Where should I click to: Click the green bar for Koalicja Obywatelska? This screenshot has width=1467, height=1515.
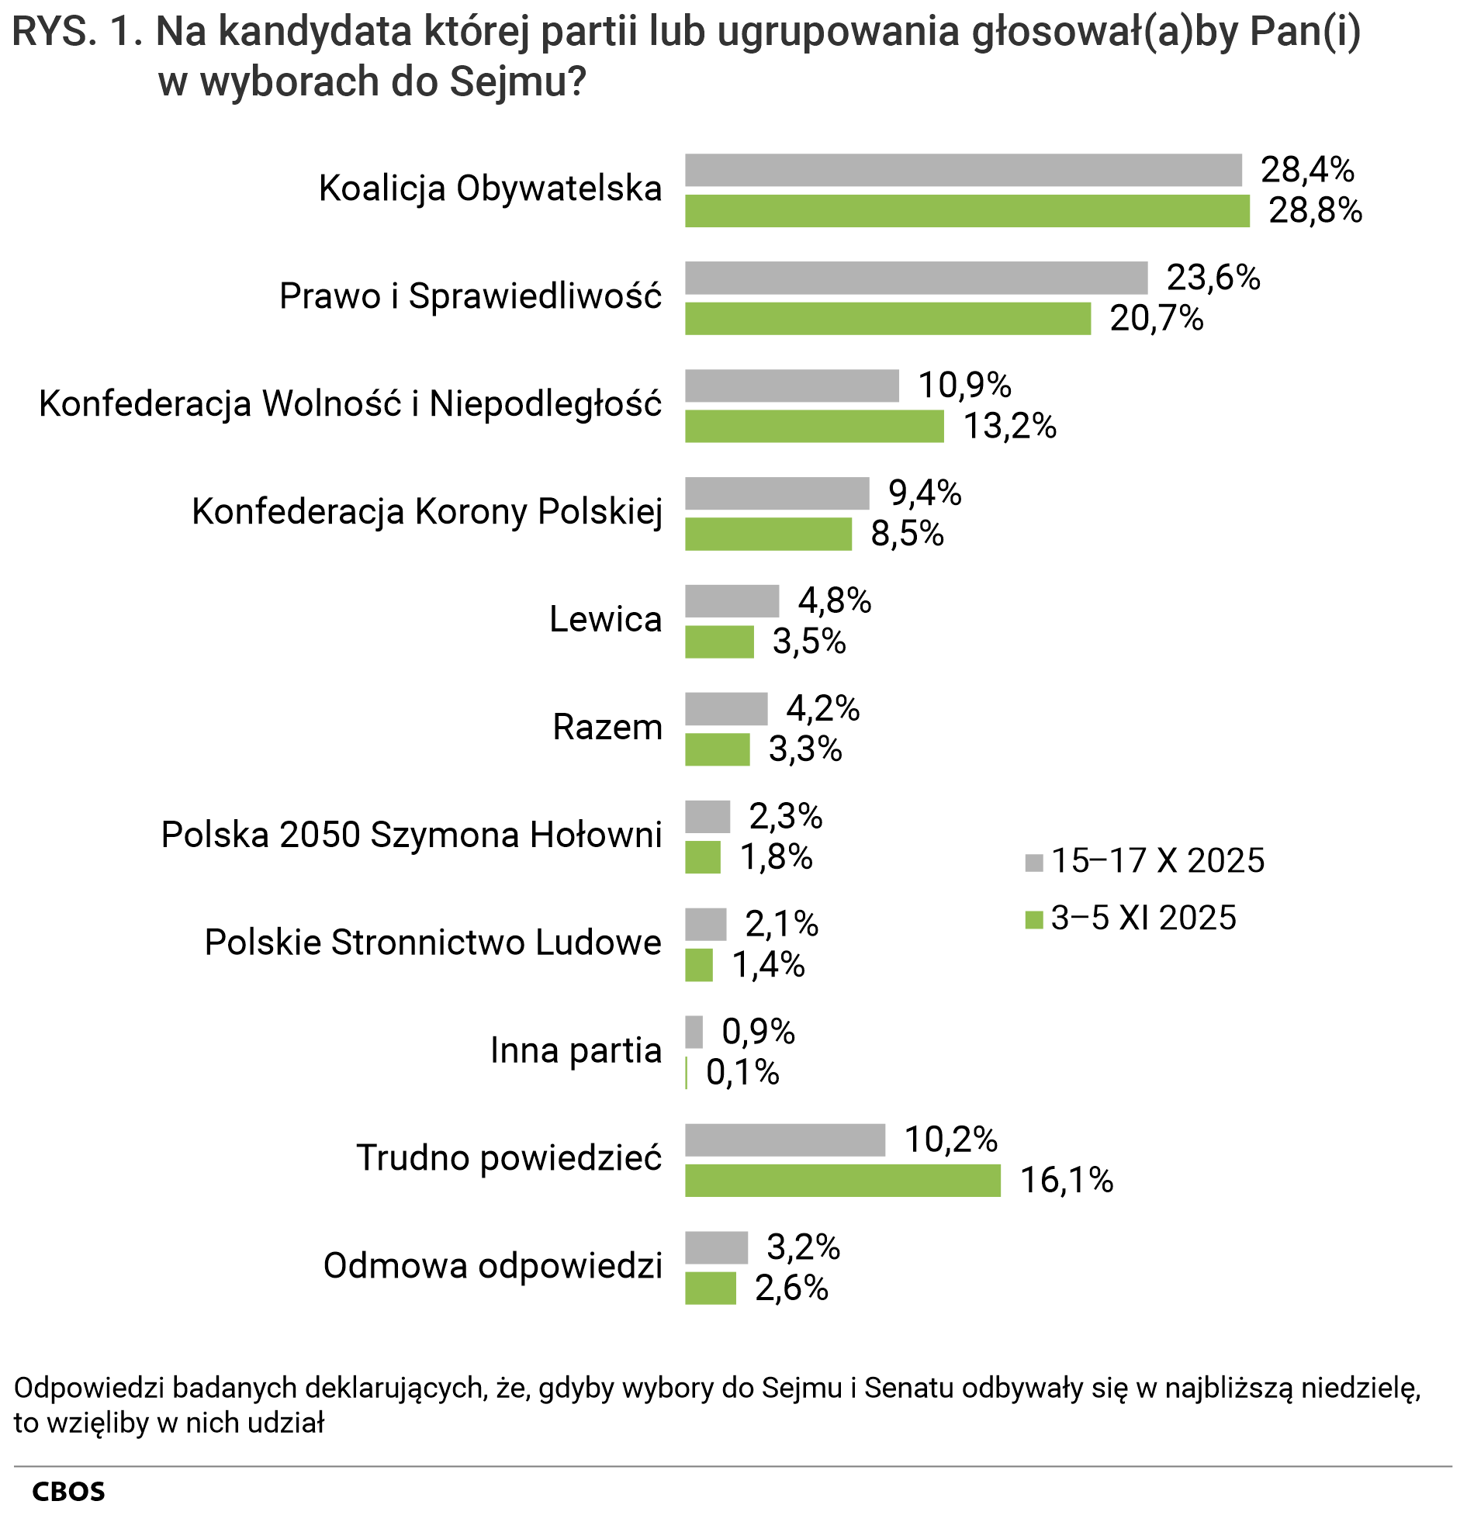967,211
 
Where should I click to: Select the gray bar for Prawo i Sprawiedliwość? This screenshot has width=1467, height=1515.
915,278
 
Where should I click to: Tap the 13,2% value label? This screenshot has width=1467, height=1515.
1009,426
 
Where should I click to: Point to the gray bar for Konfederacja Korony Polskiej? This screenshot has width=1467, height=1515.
777,493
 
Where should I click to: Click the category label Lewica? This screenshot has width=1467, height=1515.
605,619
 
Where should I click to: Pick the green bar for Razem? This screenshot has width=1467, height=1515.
717,749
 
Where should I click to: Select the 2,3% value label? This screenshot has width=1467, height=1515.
785,816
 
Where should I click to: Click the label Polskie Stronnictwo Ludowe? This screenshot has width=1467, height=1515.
433,943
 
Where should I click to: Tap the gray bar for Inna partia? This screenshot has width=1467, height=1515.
694,1032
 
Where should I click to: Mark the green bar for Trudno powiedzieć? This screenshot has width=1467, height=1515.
842,1181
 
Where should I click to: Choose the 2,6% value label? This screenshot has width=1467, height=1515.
791,1288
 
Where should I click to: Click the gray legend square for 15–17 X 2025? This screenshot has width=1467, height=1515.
1033,863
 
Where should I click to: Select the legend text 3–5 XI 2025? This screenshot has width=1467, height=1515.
1143,918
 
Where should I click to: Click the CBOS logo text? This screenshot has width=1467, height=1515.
68,1492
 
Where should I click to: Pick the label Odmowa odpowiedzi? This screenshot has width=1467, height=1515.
493,1265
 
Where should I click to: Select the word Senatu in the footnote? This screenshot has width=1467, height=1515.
910,1388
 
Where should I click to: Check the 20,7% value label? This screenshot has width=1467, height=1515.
1156,318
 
